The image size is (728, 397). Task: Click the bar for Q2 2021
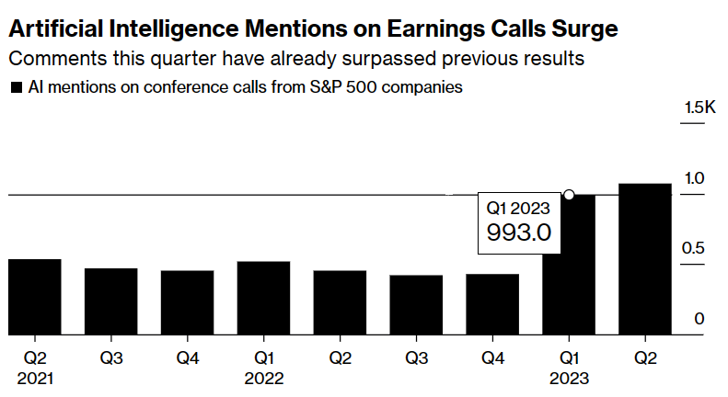(34, 297)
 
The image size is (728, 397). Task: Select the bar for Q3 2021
(110, 301)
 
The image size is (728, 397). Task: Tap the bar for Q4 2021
(187, 302)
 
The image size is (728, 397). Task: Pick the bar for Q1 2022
(263, 298)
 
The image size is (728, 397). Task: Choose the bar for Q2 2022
(340, 302)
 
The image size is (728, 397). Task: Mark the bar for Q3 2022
(416, 305)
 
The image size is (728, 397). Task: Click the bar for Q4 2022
(492, 304)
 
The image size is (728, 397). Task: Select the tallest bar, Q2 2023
(645, 259)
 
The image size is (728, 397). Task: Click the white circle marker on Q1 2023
(569, 195)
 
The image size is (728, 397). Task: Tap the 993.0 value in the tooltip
(518, 233)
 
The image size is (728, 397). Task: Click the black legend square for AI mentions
(16, 89)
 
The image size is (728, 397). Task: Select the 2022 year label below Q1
(263, 378)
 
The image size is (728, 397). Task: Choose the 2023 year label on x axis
(569, 378)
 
